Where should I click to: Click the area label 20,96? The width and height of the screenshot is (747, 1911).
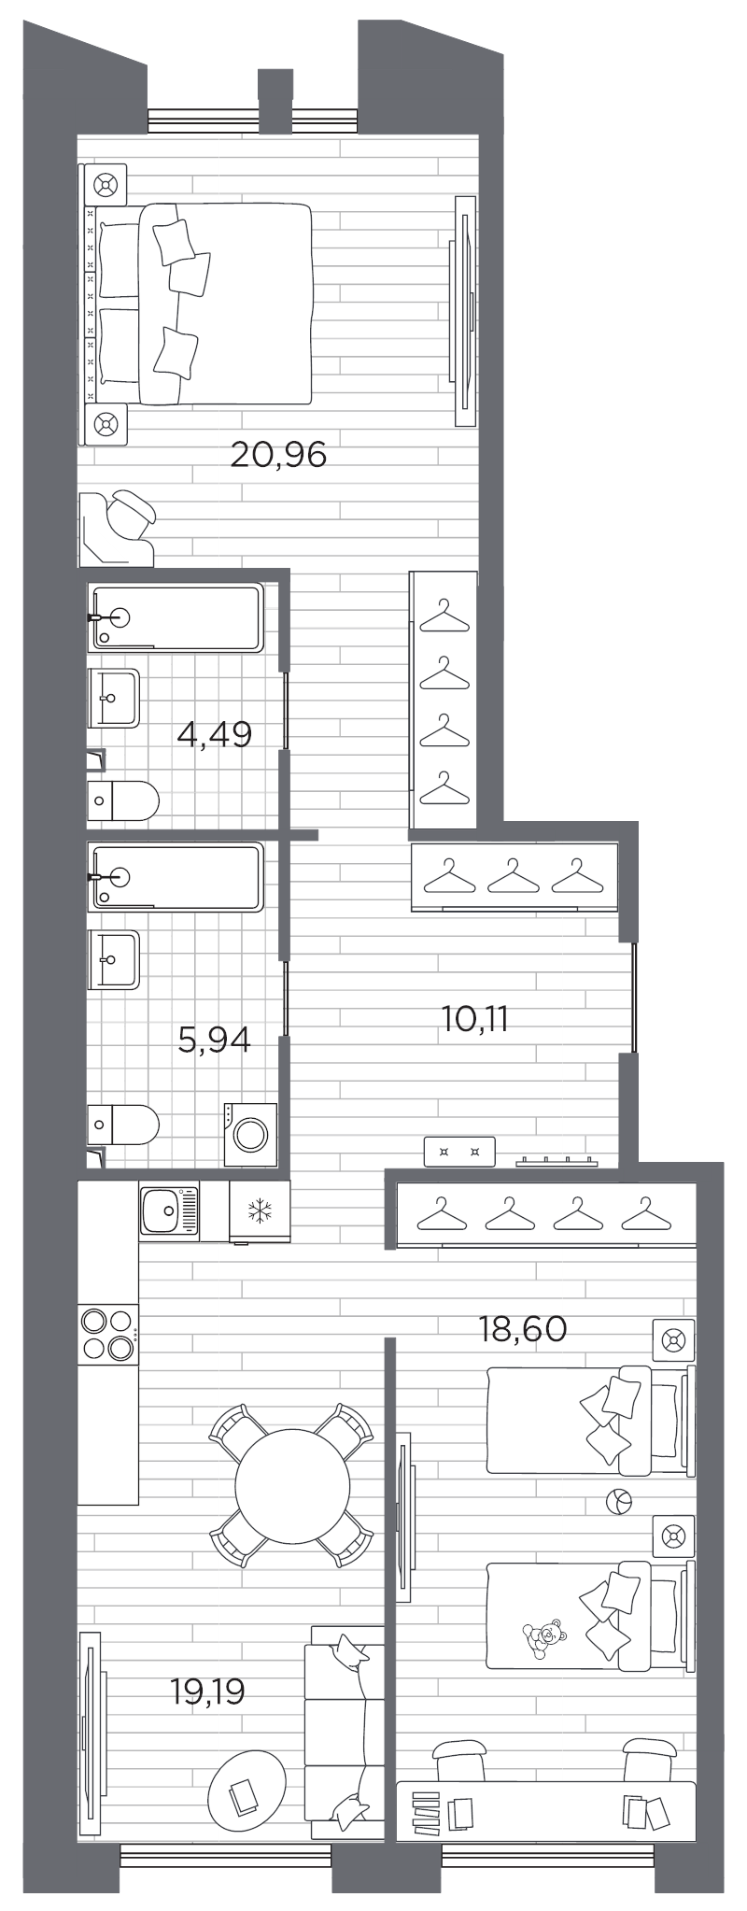click(278, 456)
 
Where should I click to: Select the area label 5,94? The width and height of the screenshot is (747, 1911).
click(214, 1039)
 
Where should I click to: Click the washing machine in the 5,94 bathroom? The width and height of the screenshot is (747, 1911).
click(251, 1134)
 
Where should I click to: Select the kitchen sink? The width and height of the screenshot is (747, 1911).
click(168, 1210)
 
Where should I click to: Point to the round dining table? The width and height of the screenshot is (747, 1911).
click(292, 1484)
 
